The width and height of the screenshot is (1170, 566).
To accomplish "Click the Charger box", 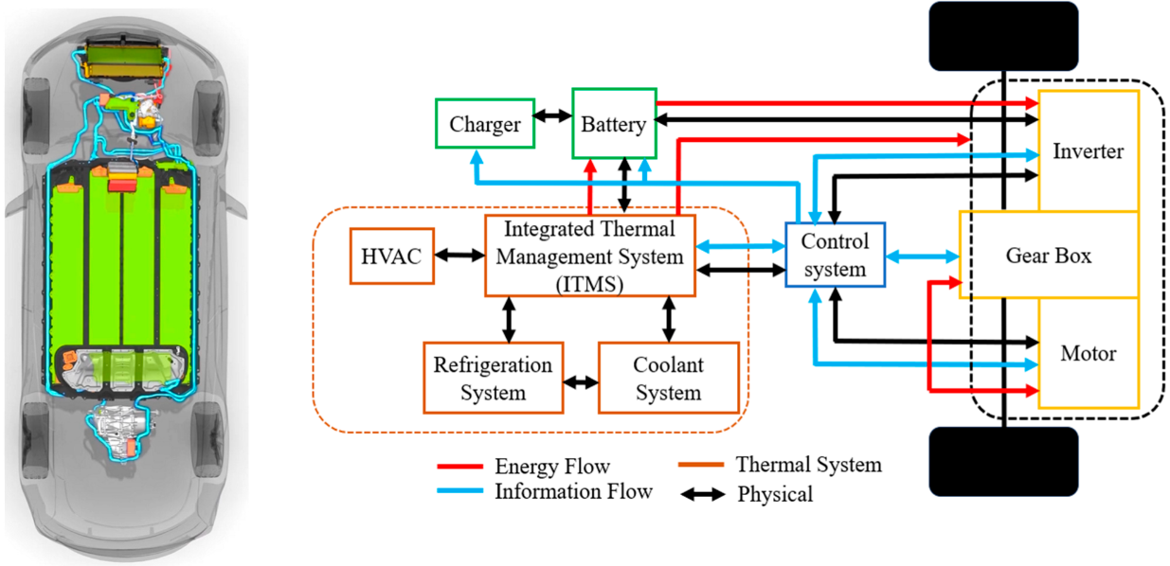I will pos(485,124).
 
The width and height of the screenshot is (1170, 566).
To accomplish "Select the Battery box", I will pos(614,124).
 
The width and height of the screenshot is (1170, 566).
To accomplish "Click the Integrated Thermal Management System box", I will pos(589,256).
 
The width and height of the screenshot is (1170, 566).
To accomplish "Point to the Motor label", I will pos(1088,354).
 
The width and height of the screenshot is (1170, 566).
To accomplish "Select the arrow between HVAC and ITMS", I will pos(459,256).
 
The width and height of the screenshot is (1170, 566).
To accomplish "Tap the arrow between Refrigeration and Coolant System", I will pos(580,383).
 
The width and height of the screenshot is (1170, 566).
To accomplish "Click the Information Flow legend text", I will pos(573,491).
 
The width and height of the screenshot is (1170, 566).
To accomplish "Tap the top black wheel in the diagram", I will pos(1004,36).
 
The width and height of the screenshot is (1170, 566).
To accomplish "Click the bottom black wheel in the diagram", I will pos(1004,461).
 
